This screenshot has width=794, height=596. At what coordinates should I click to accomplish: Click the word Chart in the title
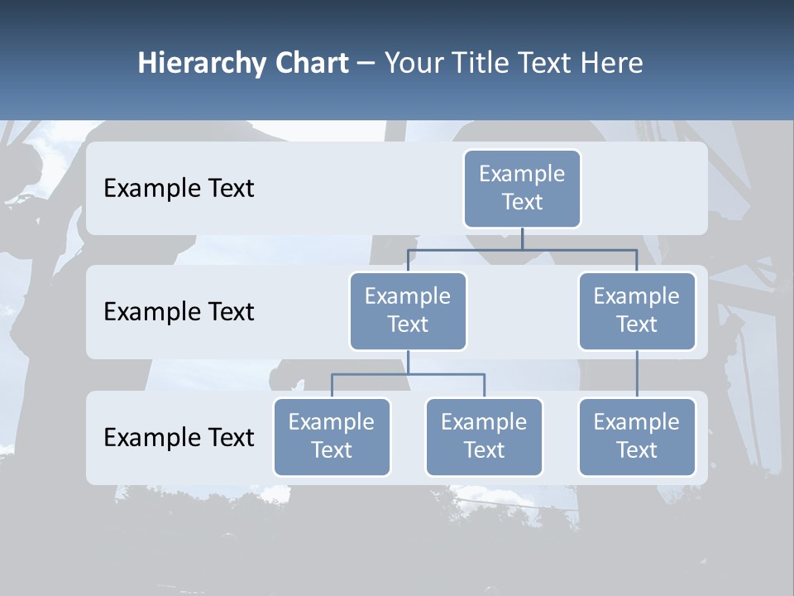[310, 64]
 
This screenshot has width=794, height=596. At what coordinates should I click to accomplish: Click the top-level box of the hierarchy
[522, 188]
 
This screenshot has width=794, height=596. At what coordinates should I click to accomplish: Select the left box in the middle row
[408, 310]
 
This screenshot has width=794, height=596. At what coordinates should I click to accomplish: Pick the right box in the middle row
[637, 310]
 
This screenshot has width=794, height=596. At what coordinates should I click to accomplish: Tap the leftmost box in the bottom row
[332, 436]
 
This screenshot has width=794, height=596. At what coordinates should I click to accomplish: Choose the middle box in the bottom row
[484, 436]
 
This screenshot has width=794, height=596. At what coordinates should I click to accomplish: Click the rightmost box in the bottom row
[637, 436]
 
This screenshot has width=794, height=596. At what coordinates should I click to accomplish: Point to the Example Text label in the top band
[179, 189]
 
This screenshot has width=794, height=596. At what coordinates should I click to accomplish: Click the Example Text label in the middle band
[179, 312]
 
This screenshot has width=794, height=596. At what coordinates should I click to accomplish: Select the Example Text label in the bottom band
[179, 437]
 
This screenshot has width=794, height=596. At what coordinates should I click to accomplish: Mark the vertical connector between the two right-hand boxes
[637, 374]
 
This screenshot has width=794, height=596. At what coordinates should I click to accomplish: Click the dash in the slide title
[366, 64]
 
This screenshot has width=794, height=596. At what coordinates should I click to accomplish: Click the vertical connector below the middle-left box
[408, 363]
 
